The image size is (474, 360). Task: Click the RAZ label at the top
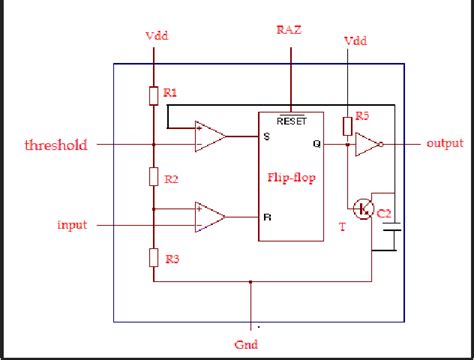290,31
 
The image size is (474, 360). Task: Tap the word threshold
57,145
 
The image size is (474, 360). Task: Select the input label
73,225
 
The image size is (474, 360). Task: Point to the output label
444,144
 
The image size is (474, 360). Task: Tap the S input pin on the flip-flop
266,135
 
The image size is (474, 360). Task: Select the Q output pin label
316,144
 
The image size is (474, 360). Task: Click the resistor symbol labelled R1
153,94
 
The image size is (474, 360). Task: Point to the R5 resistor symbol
347,125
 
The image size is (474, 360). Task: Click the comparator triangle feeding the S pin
209,136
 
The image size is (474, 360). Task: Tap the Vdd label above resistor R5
355,42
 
